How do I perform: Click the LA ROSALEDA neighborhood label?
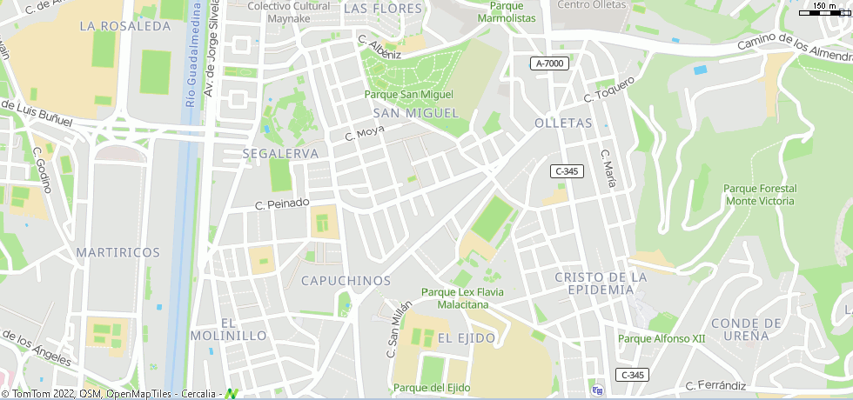coord(124,26)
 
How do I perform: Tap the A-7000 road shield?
coord(550,63)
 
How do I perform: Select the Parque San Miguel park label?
coord(408,94)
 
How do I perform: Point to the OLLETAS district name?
coord(563,123)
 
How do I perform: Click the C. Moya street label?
coord(364,135)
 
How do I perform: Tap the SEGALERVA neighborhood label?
coord(269,153)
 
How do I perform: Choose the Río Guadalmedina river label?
coord(191,53)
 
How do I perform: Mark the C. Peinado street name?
coord(281,203)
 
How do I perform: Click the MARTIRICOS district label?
coord(118,252)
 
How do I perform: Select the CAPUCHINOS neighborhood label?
coord(346,280)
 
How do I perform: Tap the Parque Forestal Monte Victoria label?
coord(759,195)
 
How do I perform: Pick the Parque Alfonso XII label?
coord(661,338)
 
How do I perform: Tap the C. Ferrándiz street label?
coord(715,384)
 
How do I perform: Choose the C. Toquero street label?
coord(610,89)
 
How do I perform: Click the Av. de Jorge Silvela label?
coord(214,49)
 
